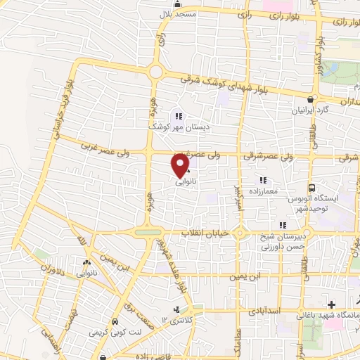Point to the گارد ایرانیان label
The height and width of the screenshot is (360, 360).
coord(311,110)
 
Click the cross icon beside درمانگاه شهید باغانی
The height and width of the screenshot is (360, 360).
coord(330,304)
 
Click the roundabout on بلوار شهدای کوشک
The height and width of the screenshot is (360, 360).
coord(155,71)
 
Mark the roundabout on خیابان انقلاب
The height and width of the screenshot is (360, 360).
coord(240,233)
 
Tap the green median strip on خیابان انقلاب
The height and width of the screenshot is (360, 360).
coord(148,232)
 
